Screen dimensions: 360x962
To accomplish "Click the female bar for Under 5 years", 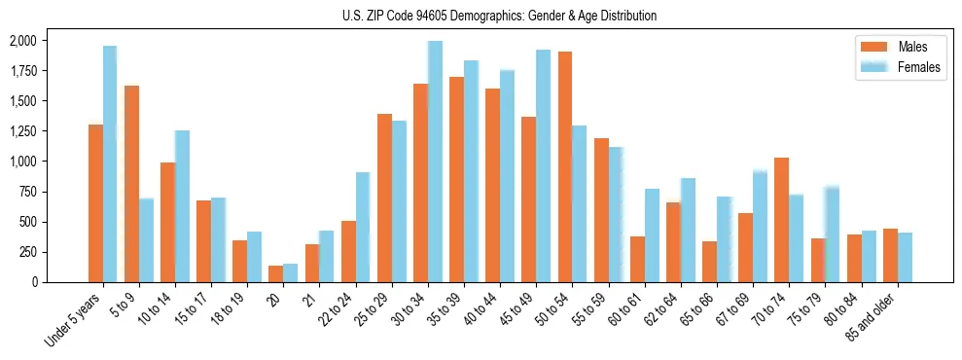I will (110, 164).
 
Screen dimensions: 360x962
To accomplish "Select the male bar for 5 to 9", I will (131, 184).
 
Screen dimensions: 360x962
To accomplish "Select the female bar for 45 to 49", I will (543, 166).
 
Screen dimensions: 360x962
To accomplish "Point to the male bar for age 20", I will (276, 273).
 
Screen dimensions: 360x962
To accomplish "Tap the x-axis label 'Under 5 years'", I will (72, 320).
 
